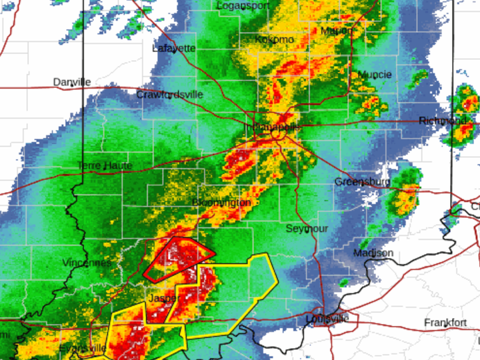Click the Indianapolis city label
(273, 127)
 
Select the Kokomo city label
(274, 40)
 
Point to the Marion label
(336, 31)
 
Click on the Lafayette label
(174, 49)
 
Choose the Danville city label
(72, 82)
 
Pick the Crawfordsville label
(169, 95)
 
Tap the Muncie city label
(375, 75)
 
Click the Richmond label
(443, 121)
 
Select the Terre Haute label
(105, 165)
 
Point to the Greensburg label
(361, 181)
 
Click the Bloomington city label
(221, 202)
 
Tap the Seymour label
(307, 229)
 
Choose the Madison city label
(373, 253)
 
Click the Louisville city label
(327, 319)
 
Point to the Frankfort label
(446, 323)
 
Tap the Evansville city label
(83, 348)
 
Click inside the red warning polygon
(179, 258)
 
